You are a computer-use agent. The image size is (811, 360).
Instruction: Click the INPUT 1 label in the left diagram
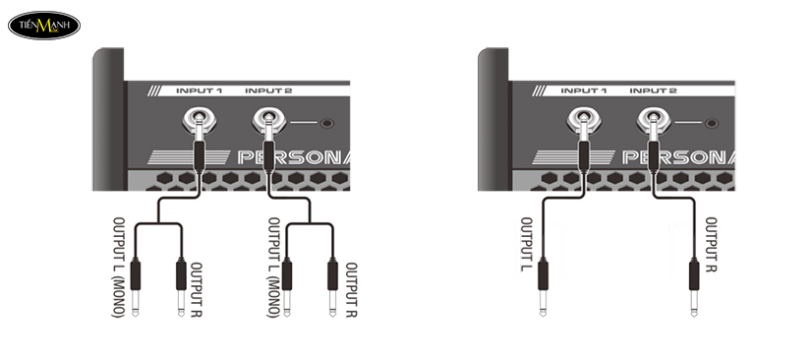click(199, 90)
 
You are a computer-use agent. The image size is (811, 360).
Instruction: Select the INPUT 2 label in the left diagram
click(267, 90)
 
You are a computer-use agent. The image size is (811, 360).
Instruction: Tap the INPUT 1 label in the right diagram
click(583, 90)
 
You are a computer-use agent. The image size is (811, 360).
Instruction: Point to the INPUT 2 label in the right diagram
click(653, 90)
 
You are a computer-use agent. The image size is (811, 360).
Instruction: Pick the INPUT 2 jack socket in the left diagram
click(267, 122)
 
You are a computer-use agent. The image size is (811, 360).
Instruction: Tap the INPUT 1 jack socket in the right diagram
click(583, 122)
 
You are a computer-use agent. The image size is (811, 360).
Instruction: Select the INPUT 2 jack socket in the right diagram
click(652, 122)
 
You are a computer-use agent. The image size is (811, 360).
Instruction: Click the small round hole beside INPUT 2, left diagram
click(326, 123)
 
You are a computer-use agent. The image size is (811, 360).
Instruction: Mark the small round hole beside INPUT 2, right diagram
click(711, 123)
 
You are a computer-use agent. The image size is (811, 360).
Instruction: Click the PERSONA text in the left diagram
click(295, 157)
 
